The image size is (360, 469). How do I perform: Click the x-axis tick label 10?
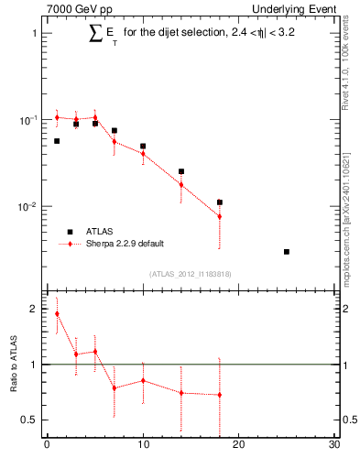(143, 446)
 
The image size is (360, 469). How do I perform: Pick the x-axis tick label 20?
(239, 446)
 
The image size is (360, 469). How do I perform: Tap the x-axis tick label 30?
(334, 446)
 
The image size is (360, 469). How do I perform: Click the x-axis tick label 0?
(47, 446)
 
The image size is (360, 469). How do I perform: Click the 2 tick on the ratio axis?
(33, 309)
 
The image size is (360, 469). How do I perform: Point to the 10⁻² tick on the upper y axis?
(27, 207)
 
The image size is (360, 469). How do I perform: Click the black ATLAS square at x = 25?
(287, 252)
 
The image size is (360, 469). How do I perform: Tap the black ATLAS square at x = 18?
(220, 202)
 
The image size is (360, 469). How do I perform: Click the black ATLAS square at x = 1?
(57, 141)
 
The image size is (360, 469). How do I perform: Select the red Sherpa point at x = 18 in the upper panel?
(220, 217)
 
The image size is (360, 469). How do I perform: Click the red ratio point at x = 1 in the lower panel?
(57, 313)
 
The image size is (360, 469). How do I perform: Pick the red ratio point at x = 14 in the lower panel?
(181, 393)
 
